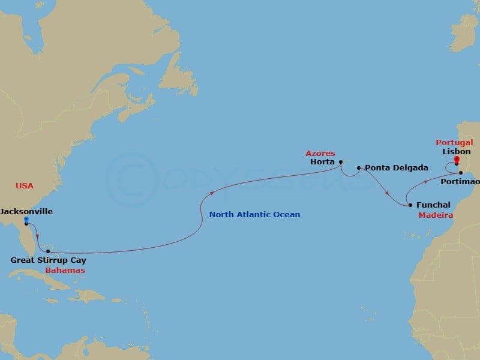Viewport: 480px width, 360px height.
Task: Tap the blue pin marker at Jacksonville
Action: (26, 220)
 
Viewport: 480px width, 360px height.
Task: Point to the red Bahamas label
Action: (65, 271)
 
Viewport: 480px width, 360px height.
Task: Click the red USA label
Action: (25, 186)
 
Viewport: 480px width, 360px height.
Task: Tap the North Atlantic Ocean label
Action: (254, 215)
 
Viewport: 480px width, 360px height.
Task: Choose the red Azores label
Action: (320, 154)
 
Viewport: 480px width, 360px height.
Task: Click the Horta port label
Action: (322, 162)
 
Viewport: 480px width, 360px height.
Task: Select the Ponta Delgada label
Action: (388, 168)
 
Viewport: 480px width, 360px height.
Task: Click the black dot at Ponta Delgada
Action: (358, 168)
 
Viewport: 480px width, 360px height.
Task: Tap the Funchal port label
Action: (433, 205)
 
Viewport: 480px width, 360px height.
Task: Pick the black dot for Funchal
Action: (410, 205)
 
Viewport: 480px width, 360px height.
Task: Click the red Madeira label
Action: (436, 215)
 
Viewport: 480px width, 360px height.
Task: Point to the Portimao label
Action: (460, 181)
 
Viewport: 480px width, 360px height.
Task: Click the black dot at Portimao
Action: (461, 173)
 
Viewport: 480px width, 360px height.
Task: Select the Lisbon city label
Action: (457, 152)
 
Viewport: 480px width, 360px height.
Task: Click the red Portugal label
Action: (454, 143)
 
